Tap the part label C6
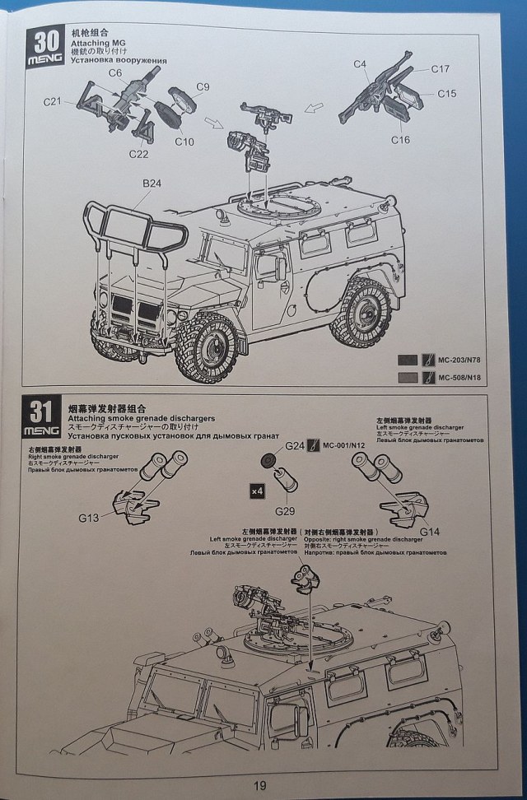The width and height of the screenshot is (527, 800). pos(115,72)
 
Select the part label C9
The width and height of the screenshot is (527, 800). pos(203,86)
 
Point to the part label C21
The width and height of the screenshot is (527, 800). pos(54,101)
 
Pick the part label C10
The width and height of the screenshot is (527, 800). pos(184,142)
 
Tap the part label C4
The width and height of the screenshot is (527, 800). pos(360,64)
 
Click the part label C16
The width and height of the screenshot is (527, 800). pos(400,140)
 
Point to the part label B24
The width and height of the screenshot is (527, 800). pos(151,184)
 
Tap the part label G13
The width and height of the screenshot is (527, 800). pos(89,517)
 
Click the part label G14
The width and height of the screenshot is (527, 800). pos(430,532)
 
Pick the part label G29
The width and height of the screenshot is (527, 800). pos(286,500)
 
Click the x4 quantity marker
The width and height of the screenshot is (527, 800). pos(256,491)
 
